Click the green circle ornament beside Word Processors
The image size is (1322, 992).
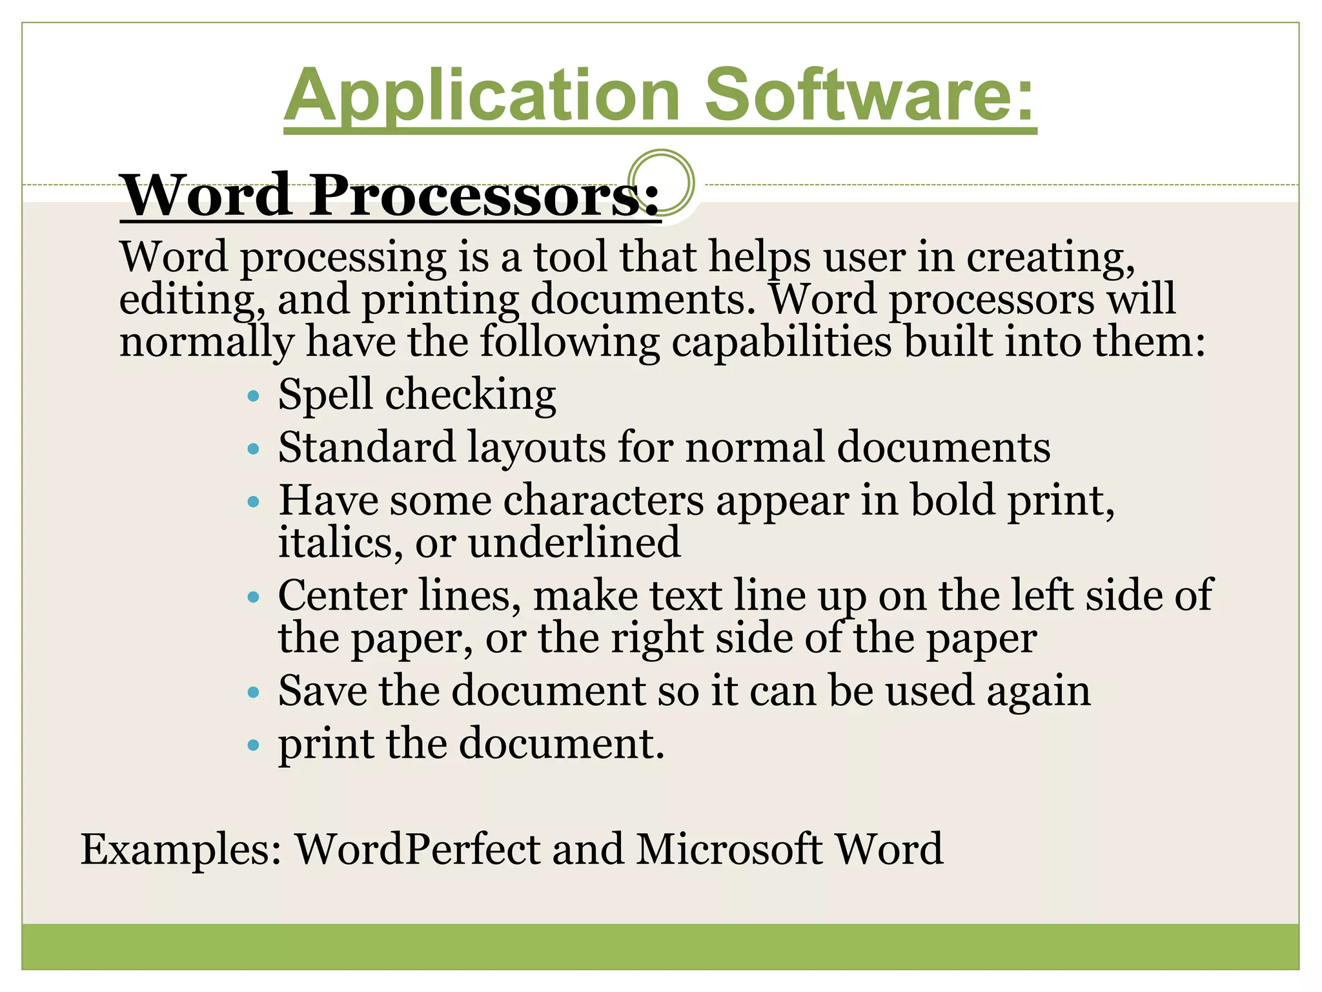coord(661,182)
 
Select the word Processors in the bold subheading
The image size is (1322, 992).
coord(484,196)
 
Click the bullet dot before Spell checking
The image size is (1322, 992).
coord(254,395)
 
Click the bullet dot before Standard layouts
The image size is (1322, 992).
coord(254,448)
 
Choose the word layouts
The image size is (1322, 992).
coord(536,448)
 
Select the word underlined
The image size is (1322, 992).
coord(575,542)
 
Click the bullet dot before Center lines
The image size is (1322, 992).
coord(254,597)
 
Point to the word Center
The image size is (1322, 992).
coord(342,595)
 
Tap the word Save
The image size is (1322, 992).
coord(322,691)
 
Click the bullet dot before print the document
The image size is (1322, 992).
coord(254,745)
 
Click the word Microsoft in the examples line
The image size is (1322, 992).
coord(729,849)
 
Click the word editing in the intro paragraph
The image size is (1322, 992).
coord(192,300)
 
